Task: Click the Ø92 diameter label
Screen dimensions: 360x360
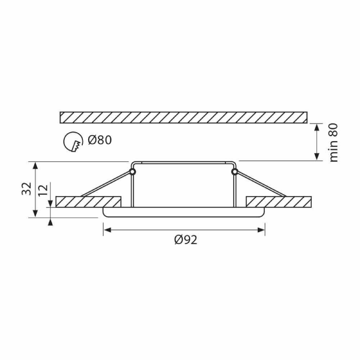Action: point(186,240)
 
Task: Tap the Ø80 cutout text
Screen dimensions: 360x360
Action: point(100,140)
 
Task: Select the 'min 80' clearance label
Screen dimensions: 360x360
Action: point(333,143)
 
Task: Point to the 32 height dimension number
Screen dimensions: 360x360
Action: point(27,189)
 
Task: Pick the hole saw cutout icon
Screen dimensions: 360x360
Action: point(73,142)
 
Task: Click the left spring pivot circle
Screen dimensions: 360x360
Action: point(132,171)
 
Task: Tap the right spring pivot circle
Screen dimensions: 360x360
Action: point(234,171)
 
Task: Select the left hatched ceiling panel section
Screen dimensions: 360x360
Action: point(88,202)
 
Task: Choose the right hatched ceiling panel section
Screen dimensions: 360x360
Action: point(279,202)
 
